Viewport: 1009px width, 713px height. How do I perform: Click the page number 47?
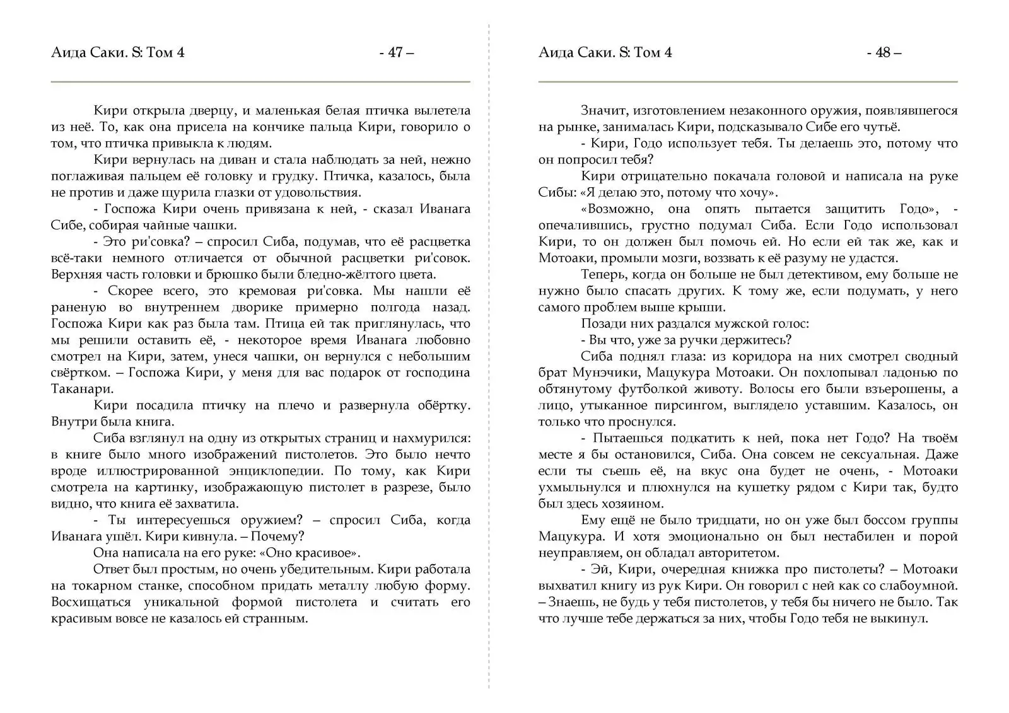click(x=396, y=53)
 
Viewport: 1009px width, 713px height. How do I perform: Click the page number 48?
click(x=884, y=53)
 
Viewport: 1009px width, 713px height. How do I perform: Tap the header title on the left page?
click(x=118, y=53)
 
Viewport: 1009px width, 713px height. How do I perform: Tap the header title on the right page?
click(x=605, y=53)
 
